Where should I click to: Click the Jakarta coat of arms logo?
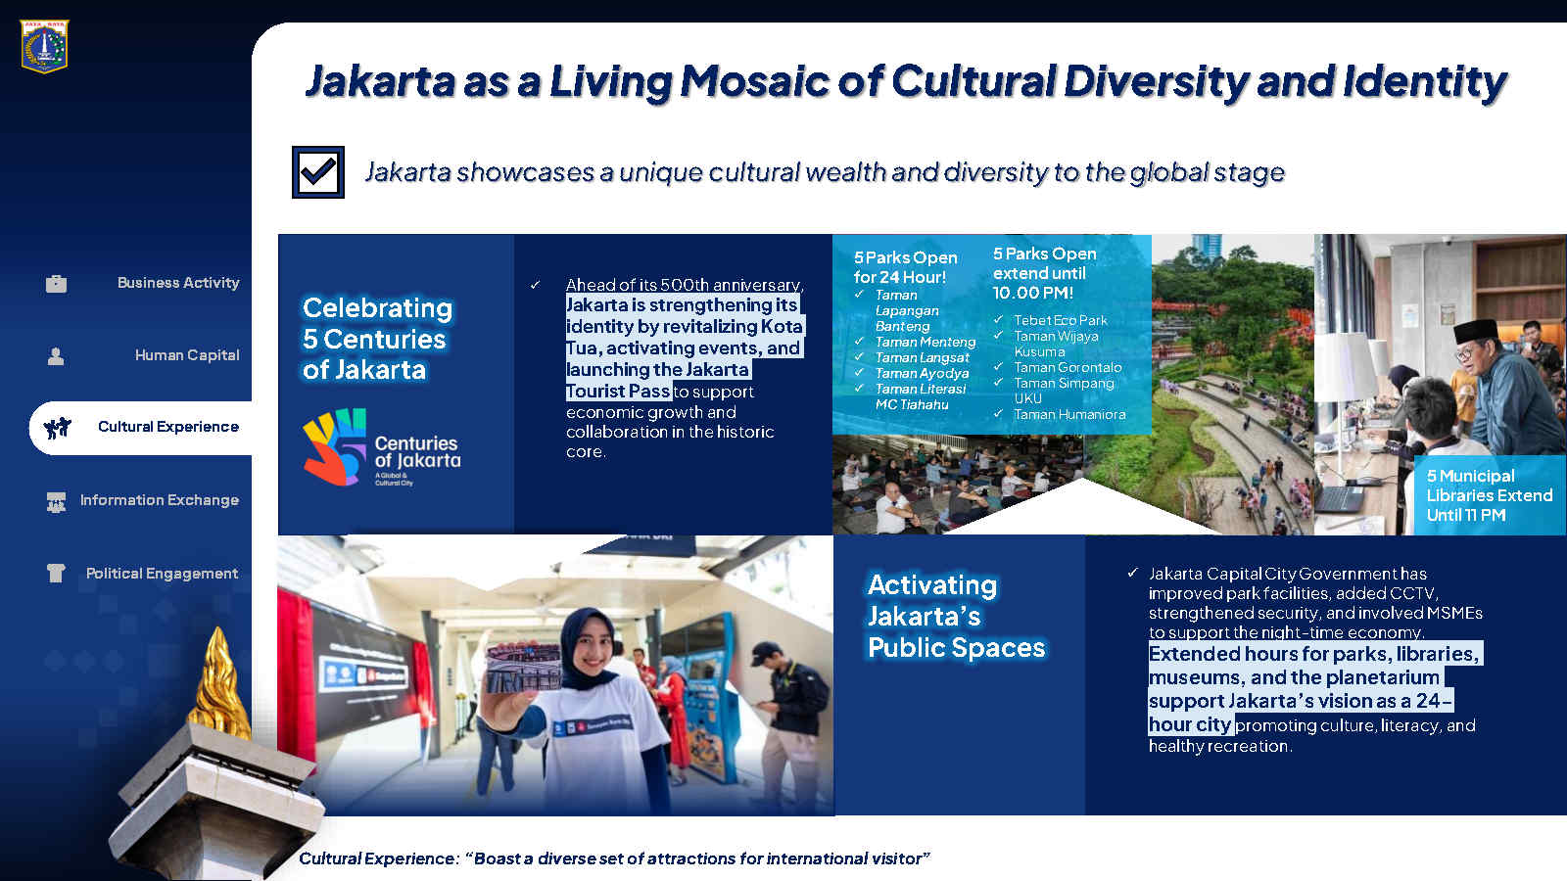44,47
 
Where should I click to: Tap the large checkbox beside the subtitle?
318,172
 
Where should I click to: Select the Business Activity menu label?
178,283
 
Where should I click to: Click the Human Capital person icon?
56,356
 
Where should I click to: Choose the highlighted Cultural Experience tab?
141,427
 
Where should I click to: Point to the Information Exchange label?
160,500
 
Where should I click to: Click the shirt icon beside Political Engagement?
56,574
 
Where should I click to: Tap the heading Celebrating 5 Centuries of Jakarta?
378,339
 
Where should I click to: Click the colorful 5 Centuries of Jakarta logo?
382,447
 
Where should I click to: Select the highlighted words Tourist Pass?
618,391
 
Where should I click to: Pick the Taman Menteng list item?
926,342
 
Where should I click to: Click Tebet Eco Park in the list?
1061,320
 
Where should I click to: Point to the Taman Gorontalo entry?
1068,368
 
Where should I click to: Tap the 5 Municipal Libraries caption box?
1490,495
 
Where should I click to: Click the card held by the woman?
524,667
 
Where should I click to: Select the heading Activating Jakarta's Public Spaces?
956,616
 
